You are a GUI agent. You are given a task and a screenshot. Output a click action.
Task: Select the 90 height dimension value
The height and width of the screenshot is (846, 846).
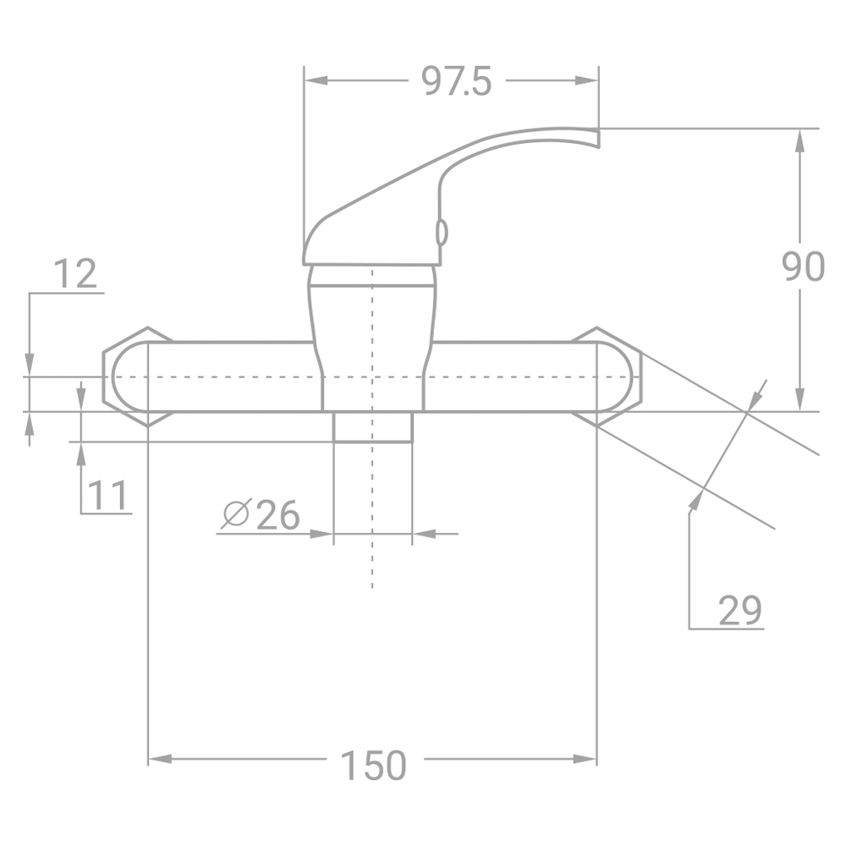pos(802,267)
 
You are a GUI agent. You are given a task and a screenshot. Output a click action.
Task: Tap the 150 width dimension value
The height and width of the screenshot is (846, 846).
pos(373,766)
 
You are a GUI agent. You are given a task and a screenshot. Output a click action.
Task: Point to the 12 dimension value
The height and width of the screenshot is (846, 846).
pos(75,274)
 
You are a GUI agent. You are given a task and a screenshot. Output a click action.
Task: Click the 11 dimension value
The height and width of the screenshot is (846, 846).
pos(107,495)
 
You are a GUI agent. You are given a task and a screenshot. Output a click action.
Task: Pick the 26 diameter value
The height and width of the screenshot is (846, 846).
pos(277,514)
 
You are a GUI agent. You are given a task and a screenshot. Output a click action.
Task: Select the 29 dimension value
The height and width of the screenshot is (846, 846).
pos(740,609)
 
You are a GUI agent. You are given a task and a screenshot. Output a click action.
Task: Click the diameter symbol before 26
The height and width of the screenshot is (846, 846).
pos(235,514)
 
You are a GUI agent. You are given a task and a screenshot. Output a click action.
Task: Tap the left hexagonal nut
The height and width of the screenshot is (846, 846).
pos(127,376)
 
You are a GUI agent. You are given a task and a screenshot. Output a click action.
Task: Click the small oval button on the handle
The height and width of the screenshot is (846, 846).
pos(440,231)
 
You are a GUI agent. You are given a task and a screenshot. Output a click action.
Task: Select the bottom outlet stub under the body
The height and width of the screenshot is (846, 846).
pos(372,426)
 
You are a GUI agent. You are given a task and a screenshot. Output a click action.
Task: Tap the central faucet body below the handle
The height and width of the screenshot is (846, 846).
pos(372,338)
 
